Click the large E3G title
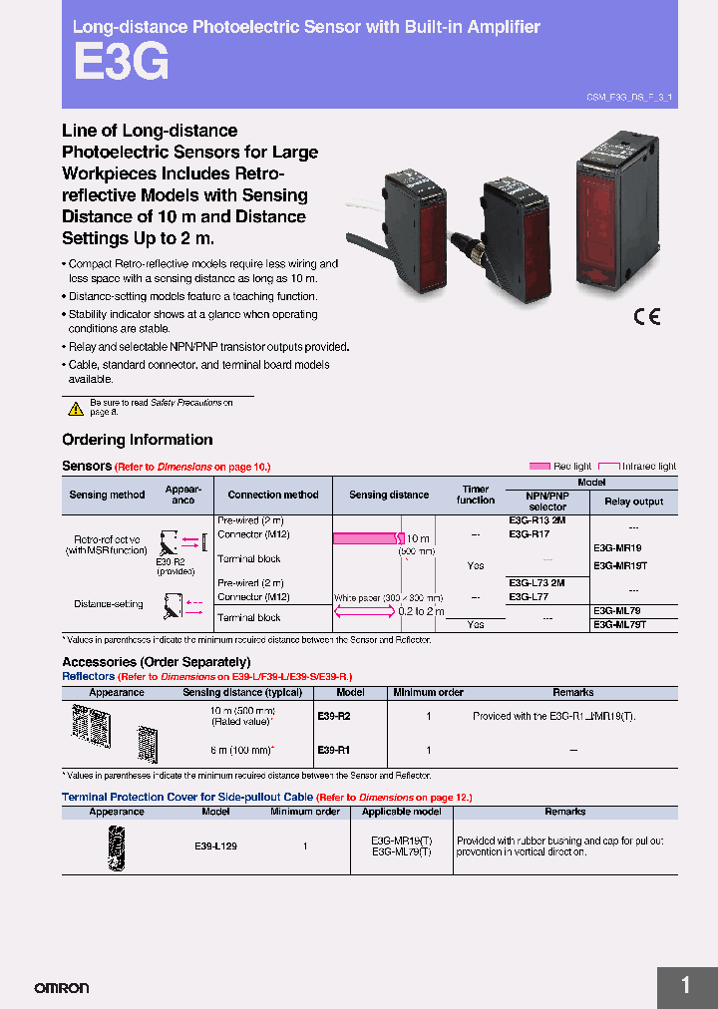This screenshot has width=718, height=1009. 121,63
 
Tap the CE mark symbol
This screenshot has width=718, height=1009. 647,317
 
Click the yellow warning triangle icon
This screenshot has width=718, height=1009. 76,408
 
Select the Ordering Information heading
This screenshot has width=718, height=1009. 137,440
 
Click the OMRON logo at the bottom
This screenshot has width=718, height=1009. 62,988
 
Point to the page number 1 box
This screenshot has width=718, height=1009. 686,986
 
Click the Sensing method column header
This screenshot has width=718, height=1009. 107,495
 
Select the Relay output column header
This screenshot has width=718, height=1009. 633,502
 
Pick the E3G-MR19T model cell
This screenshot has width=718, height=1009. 621,565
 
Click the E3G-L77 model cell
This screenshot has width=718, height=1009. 529,596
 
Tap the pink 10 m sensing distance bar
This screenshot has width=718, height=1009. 366,538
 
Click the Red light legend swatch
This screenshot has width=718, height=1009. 539,466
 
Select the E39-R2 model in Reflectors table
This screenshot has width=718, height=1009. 333,716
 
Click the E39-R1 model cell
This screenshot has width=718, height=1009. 333,750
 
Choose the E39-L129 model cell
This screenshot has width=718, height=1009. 215,845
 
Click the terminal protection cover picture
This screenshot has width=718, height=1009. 115,845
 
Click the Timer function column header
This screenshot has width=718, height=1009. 476,495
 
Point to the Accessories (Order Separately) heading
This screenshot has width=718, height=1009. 156,662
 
